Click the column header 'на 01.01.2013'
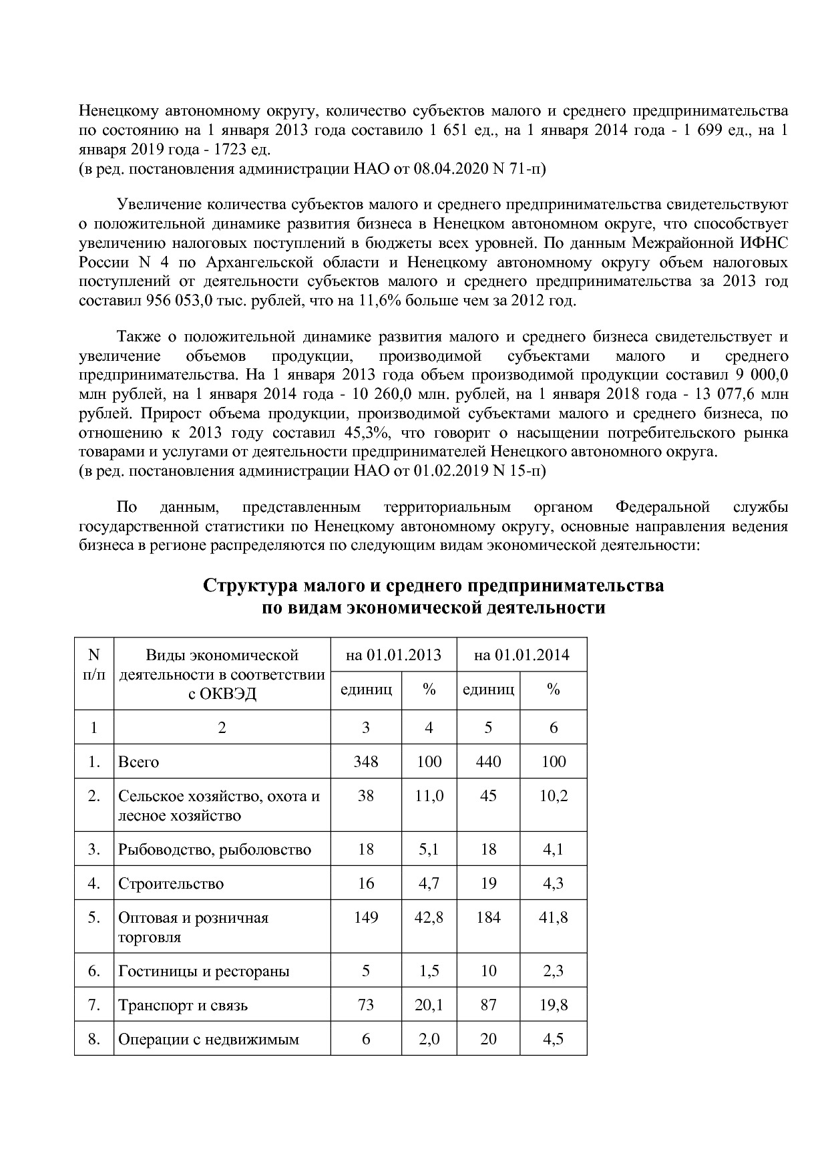[x=393, y=655]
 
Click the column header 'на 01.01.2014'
[x=522, y=655]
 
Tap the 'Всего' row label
[x=139, y=762]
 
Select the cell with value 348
[x=366, y=762]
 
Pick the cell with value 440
[x=488, y=762]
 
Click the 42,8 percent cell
[x=429, y=917]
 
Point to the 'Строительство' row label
[x=171, y=883]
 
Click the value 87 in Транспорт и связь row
[x=488, y=1005]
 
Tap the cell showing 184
[x=488, y=917]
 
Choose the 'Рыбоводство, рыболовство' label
[x=214, y=850]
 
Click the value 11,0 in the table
[x=429, y=796]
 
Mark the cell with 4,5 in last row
[x=554, y=1039]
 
